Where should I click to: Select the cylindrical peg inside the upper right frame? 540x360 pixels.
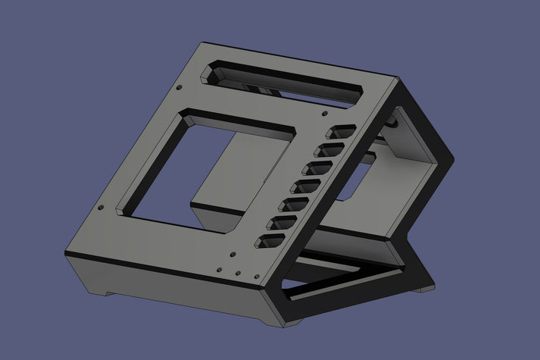point(392,121)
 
